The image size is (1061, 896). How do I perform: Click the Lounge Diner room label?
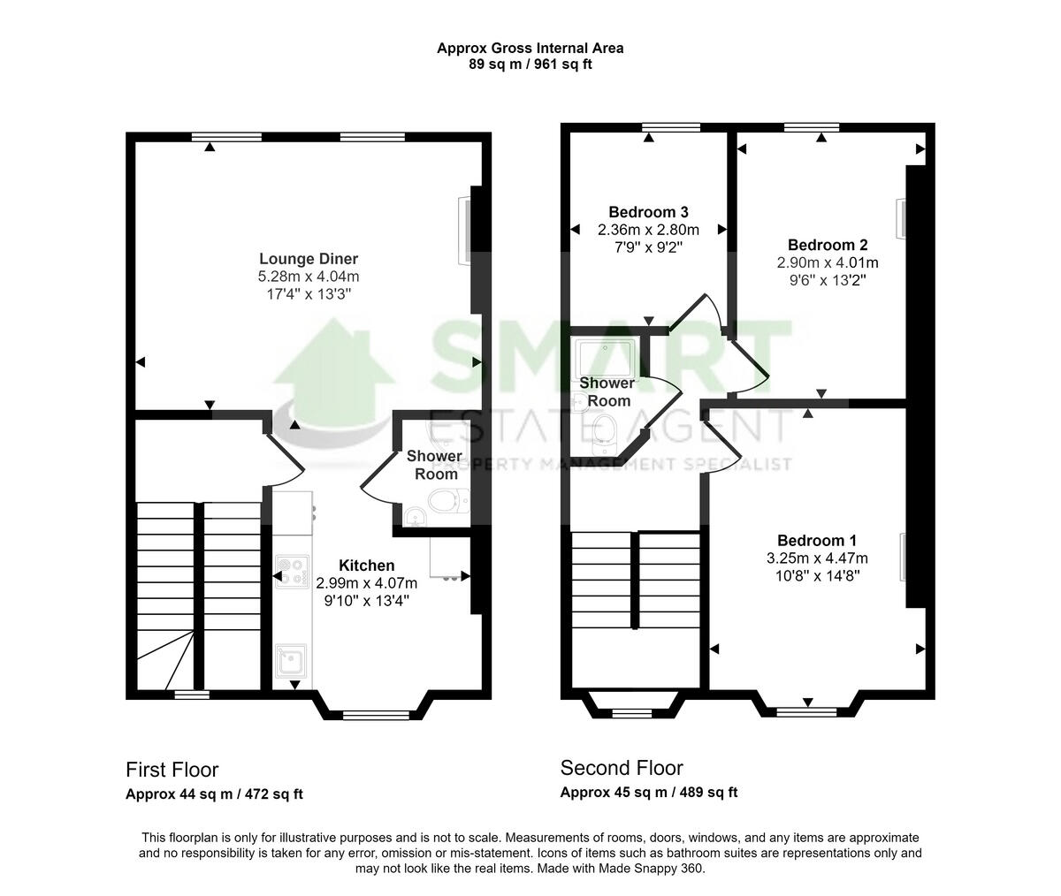[309, 259]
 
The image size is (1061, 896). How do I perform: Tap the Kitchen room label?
[366, 566]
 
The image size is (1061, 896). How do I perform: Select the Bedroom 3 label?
[648, 212]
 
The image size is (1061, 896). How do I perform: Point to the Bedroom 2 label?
[828, 246]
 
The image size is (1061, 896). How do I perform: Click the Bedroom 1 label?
[817, 541]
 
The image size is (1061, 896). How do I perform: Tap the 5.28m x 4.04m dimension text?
[309, 277]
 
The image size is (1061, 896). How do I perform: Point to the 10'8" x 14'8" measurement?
[817, 575]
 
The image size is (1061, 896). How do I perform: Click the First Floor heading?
[172, 770]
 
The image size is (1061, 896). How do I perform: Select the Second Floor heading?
[622, 768]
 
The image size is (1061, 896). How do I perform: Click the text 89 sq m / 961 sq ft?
[530, 64]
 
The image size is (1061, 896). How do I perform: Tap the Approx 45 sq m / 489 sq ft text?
[648, 793]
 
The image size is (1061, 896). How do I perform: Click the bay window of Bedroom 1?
[807, 709]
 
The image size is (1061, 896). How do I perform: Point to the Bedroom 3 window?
[671, 127]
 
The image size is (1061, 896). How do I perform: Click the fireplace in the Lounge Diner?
[463, 230]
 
